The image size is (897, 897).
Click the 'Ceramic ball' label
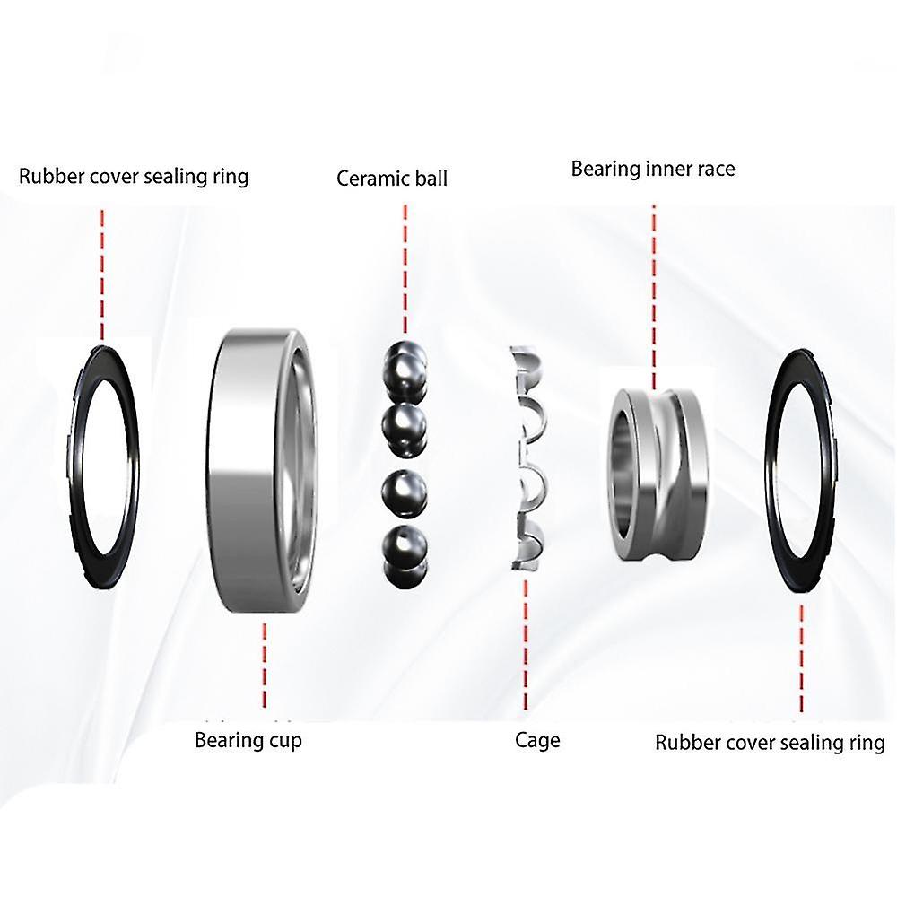(x=392, y=179)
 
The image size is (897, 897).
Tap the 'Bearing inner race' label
(x=653, y=169)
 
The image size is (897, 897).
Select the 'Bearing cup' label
(x=248, y=740)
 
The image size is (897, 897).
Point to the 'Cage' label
(x=537, y=740)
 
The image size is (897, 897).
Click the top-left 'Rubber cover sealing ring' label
(x=134, y=176)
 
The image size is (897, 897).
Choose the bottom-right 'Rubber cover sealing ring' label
(x=770, y=743)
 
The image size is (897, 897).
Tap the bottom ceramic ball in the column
(x=404, y=553)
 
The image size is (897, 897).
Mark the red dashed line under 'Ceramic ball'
(x=405, y=269)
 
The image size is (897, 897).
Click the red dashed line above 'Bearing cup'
(x=265, y=666)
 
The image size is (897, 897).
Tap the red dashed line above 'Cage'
(x=526, y=645)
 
